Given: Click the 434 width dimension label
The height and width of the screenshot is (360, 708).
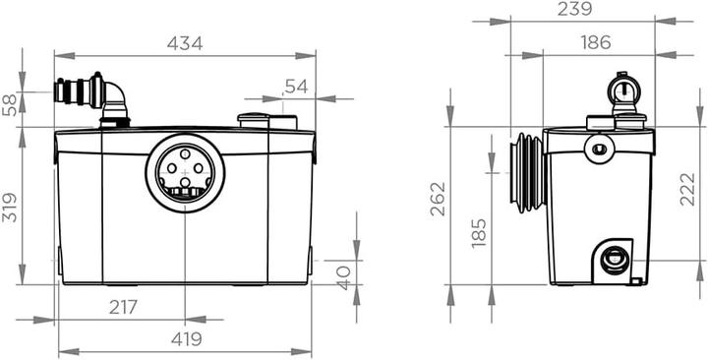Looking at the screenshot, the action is (x=185, y=43).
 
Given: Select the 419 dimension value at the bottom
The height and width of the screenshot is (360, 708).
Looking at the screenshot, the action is (x=187, y=339).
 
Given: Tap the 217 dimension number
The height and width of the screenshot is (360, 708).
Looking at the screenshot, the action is (x=123, y=308).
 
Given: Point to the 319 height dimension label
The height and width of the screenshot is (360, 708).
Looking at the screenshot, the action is (x=10, y=208).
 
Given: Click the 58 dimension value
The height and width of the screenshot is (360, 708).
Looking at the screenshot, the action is (x=10, y=105).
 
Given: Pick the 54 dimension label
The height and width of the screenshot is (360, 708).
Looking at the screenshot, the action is (x=296, y=87).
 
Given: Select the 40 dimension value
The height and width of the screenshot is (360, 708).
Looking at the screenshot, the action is (x=344, y=277).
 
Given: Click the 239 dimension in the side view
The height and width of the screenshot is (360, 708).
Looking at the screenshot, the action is (x=575, y=9).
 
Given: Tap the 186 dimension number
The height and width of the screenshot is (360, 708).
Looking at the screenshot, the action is (x=596, y=42).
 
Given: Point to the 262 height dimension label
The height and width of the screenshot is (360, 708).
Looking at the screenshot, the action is (x=438, y=199).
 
